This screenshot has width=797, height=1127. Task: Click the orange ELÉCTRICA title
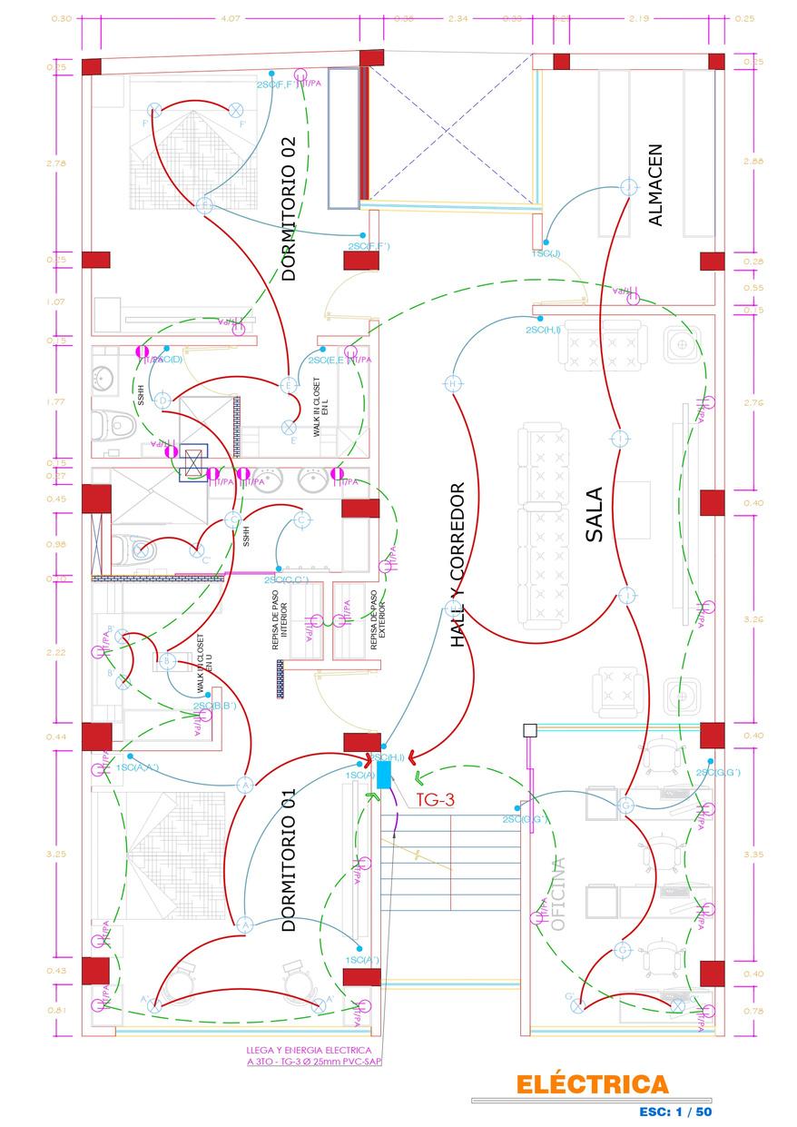coord(592,1084)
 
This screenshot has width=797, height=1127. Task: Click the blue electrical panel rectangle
coord(384,774)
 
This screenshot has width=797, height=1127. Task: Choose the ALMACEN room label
coord(656,185)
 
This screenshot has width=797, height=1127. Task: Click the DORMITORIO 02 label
coord(289,208)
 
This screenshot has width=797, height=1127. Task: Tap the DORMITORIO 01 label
coord(289,860)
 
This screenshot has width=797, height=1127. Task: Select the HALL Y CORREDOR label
coord(458,565)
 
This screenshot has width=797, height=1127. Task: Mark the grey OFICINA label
coord(556,895)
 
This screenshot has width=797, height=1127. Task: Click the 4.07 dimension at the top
coord(230,18)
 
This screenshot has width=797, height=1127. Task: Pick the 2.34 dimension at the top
coord(458,18)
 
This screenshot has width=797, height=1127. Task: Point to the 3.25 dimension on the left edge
coord(57,854)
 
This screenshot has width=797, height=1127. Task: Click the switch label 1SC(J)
coord(546,253)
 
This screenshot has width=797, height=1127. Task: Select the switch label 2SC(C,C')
coord(287,579)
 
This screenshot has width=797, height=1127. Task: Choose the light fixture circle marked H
coord(452,384)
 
